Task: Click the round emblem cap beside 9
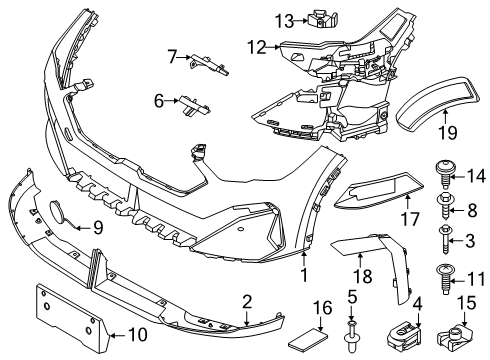click(x=56, y=213)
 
